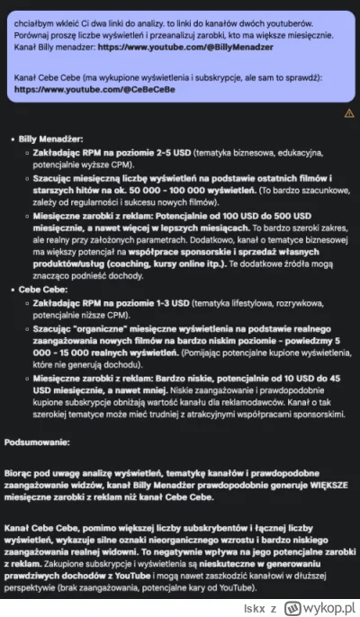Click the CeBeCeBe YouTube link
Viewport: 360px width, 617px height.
(x=95, y=91)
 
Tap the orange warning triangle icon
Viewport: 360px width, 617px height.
(x=349, y=114)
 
